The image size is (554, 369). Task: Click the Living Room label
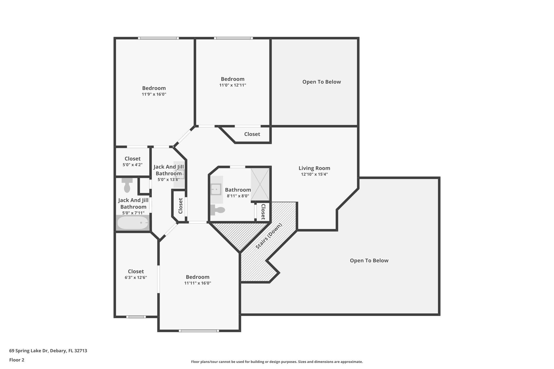314,168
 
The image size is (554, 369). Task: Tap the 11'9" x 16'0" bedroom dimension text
154,94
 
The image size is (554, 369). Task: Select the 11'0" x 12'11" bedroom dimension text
232,85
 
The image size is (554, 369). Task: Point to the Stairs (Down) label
269,236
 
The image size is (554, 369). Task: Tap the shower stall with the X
260,184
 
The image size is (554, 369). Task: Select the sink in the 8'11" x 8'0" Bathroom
216,189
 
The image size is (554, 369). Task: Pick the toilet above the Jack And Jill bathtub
127,185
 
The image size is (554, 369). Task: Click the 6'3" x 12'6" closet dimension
136,277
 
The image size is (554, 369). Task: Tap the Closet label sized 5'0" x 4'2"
133,159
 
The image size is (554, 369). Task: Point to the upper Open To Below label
321,82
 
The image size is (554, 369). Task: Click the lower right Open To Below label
369,261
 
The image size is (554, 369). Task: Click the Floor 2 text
17,360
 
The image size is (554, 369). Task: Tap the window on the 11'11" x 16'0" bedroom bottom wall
199,331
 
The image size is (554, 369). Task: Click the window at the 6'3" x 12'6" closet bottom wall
136,317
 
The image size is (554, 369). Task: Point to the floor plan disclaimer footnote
277,362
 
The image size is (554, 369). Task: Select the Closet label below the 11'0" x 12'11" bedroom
252,134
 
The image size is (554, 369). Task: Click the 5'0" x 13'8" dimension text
169,179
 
